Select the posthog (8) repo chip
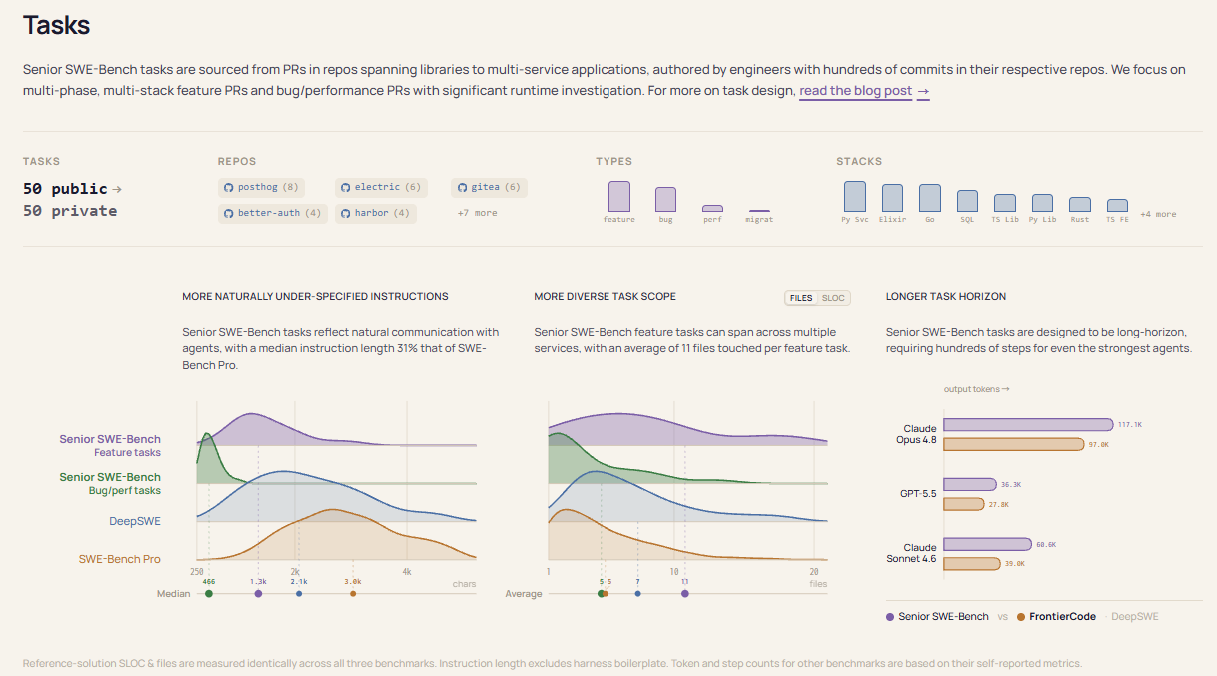(261, 188)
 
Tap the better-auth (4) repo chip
(272, 213)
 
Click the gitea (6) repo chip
(489, 188)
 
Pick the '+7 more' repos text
(477, 213)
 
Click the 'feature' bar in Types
(619, 196)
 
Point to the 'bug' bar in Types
(665, 200)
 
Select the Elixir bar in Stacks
(892, 198)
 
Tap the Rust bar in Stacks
(1079, 204)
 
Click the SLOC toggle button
(833, 298)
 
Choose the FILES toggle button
(801, 298)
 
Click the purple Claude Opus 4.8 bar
(1028, 424)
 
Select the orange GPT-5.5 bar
(964, 504)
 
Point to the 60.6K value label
(1046, 544)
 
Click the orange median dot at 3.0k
(353, 594)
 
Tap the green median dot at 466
(209, 594)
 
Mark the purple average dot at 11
(685, 594)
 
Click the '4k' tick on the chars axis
(407, 572)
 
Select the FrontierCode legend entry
(1056, 617)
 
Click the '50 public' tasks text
(65, 189)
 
